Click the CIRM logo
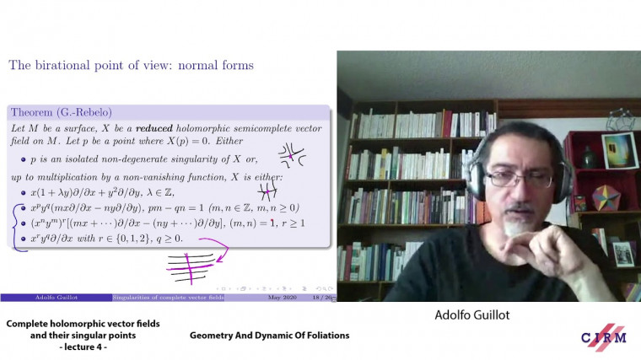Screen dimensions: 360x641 pos(603,335)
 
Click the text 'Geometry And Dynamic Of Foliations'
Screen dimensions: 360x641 pos(269,336)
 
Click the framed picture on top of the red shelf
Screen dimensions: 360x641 pos(619,150)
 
